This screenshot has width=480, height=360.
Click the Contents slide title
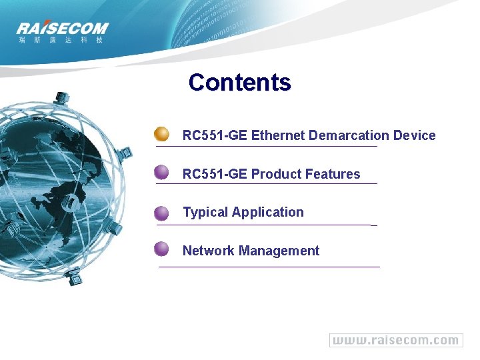239,83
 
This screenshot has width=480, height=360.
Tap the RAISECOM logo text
62,29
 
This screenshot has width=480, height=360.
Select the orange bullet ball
161,134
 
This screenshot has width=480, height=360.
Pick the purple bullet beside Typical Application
161,213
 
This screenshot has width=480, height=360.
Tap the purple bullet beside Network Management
161,250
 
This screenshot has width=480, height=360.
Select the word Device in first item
414,136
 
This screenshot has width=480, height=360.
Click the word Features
332,175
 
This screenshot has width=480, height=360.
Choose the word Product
275,175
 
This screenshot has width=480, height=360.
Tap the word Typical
205,213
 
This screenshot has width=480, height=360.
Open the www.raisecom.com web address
396,340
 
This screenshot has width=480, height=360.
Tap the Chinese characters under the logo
61,40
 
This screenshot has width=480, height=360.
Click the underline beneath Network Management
269,267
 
